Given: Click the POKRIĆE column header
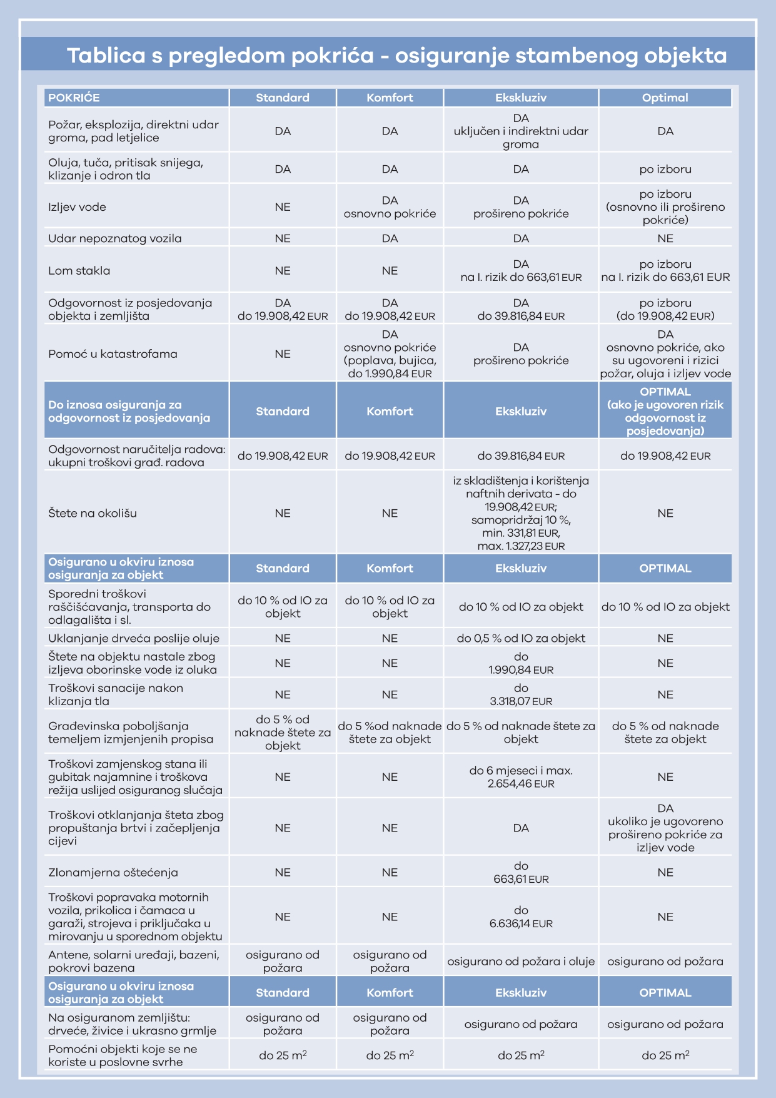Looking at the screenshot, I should tap(74, 98).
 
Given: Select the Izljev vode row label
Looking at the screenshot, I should tap(77, 207).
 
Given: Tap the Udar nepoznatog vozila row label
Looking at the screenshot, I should tap(115, 238).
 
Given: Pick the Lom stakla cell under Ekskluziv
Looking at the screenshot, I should tap(521, 270).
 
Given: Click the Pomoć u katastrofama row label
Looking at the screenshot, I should tap(113, 354).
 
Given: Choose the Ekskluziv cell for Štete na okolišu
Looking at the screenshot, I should tap(521, 513).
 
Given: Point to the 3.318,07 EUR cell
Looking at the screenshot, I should tap(521, 695).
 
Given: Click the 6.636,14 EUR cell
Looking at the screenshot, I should tap(521, 917).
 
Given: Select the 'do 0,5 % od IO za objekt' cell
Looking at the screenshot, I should tap(521, 638).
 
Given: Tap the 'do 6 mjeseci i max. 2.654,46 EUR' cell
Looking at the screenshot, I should tap(521, 777).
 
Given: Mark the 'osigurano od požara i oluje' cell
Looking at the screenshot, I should tap(521, 962).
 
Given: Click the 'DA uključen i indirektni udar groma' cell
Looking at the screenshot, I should tap(521, 131).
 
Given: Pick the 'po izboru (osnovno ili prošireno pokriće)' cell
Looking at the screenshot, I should tap(665, 207).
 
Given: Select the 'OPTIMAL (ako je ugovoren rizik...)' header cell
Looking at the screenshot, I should tap(665, 411).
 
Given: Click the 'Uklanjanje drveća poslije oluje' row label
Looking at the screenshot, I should tap(134, 638).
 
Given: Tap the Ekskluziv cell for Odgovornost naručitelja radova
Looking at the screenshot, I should tap(521, 456).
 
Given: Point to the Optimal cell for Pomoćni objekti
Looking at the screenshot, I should tap(665, 1055).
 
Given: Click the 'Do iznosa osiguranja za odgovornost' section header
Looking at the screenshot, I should tap(129, 411).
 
